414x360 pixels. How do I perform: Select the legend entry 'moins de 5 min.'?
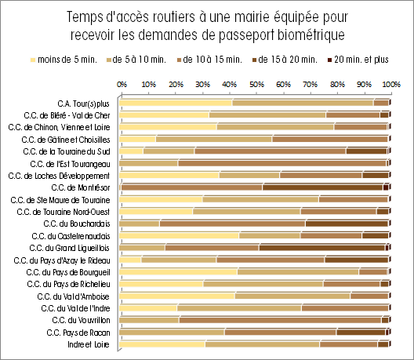pos(64,60)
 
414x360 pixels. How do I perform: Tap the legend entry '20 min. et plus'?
pos(358,60)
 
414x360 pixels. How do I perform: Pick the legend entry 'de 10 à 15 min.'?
pos(209,60)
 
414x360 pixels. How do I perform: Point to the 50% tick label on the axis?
pos(256,85)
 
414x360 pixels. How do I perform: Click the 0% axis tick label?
pos(122,85)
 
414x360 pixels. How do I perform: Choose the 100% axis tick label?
pos(391,85)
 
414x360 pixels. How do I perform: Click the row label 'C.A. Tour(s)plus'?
pos(83,104)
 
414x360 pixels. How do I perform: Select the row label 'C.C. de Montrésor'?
pos(81,187)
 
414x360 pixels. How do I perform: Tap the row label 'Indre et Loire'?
pos(89,344)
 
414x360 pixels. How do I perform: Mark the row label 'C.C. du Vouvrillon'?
pos(81,320)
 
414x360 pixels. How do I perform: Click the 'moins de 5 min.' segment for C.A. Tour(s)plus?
pos(176,103)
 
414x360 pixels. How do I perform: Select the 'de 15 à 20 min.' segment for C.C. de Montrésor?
pos(322,187)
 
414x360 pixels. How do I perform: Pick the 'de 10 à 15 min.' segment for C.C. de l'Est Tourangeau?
pos(282,163)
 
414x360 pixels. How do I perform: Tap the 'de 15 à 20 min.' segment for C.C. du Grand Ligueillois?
pos(322,248)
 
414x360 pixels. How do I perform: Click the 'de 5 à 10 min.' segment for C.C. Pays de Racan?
pos(172,332)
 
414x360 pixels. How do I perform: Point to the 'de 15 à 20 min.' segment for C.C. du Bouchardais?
pos(347,224)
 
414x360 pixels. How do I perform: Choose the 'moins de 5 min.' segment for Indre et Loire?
pos(162,344)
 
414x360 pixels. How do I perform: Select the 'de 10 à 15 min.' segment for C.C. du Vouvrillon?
pos(281,320)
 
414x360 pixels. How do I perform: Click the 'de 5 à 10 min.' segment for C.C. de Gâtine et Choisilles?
pos(214,139)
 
